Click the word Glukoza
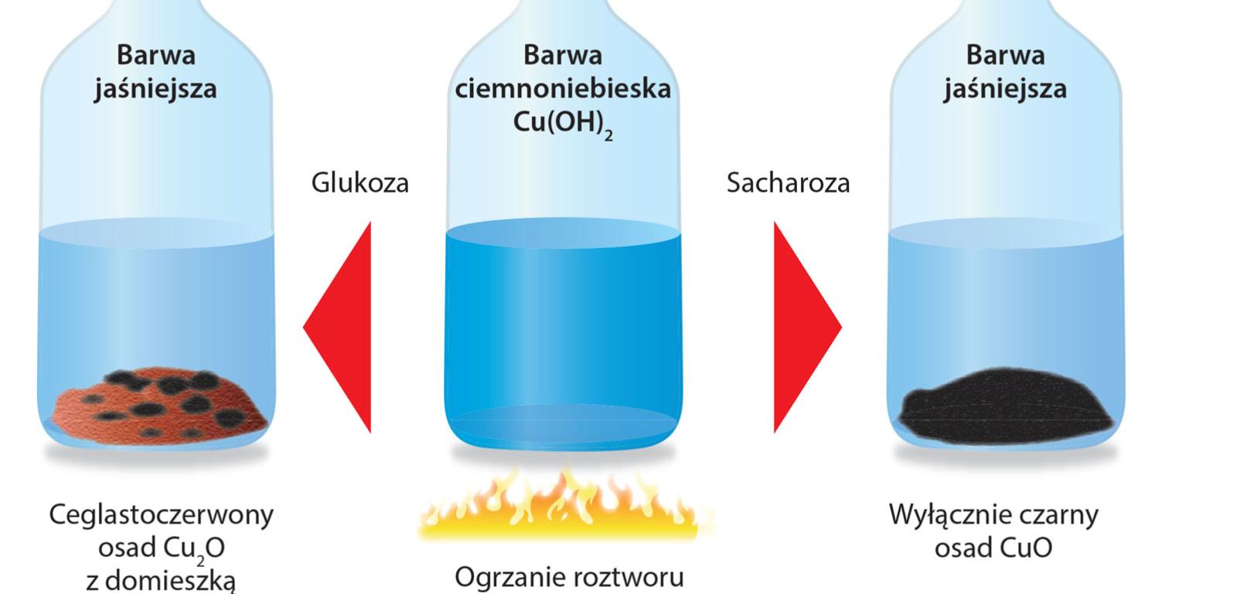point(360,183)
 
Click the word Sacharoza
point(788,183)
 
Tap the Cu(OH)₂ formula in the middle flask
point(563,125)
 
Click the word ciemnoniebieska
point(563,89)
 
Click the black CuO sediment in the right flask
point(1005,402)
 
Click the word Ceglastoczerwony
point(161,515)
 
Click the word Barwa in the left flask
point(155,55)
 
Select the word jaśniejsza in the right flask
point(1005,89)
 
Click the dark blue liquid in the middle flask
point(563,325)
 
